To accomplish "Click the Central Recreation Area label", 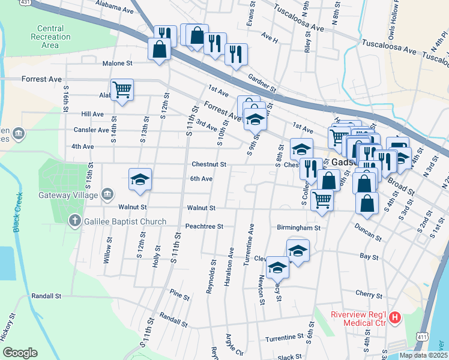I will pos(50,37).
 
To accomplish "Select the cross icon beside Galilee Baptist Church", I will pos(74,221).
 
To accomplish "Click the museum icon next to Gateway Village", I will pos(108,193).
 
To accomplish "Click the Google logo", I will pos(20,352).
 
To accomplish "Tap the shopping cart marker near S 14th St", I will pos(122,90).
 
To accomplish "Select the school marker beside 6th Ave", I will pos(140,179).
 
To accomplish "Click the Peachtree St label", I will pos(205,227).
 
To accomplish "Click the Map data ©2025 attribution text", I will pos(423,355).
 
